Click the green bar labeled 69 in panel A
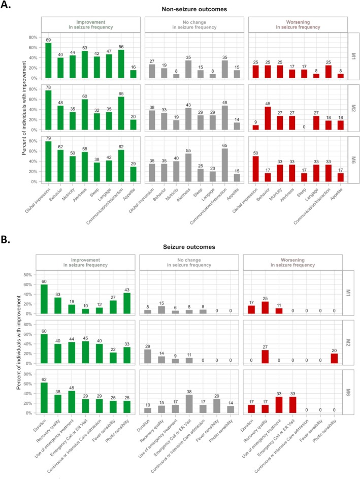point(48,60)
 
